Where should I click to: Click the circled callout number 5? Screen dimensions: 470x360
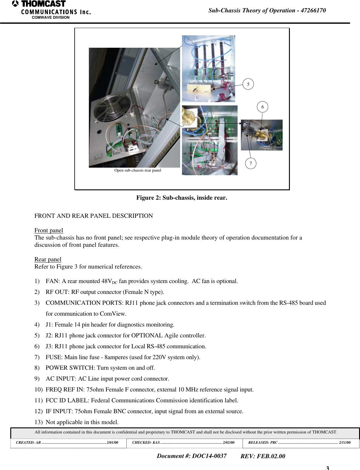click(248, 84)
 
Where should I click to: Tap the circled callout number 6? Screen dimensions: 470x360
click(262, 107)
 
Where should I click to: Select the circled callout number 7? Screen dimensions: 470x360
click(251, 163)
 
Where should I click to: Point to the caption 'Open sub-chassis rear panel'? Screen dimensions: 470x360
click(138, 170)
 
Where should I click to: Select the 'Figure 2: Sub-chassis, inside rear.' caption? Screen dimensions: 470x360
click(182, 198)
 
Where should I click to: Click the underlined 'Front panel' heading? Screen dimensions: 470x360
click(49, 230)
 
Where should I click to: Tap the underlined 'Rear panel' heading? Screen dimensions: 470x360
click(48, 259)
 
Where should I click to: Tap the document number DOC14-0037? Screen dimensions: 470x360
click(209, 456)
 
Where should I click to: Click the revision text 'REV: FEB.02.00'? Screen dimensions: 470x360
click(263, 456)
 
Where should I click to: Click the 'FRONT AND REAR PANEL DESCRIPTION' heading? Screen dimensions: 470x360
click(94, 216)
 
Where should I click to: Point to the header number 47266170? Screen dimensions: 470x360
click(313, 11)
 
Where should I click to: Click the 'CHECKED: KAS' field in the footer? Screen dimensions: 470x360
click(146, 443)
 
